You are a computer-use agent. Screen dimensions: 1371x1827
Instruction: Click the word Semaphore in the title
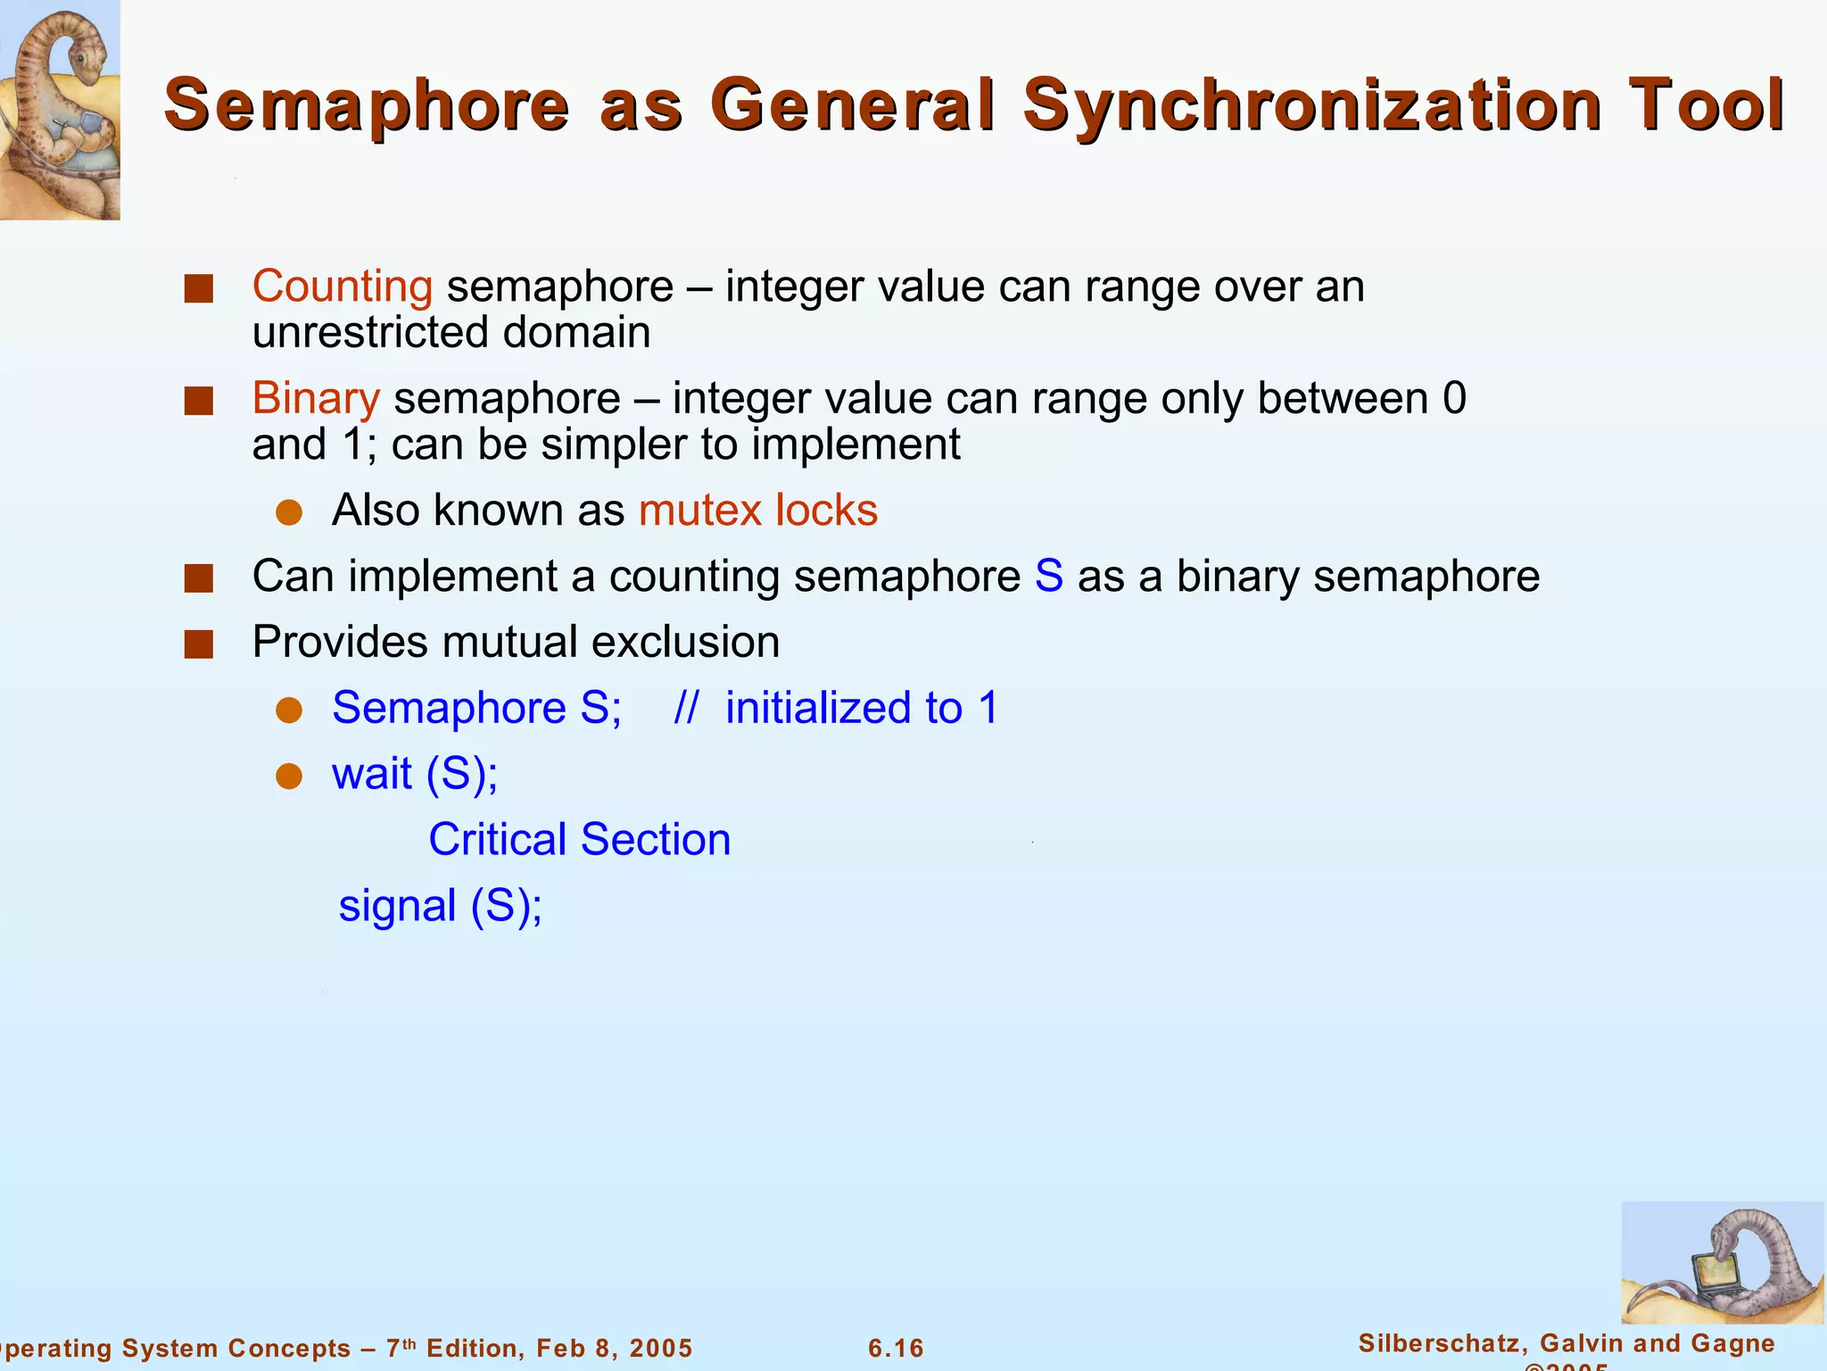367,105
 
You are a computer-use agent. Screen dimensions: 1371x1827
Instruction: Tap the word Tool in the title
1705,105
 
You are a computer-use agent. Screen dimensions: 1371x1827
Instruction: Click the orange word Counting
343,287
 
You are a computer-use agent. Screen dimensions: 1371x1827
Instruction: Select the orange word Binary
316,398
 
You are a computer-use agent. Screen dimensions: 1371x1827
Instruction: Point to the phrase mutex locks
758,511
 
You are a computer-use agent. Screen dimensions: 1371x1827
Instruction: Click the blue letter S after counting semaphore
1048,576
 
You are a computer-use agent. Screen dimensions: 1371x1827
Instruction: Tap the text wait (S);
415,773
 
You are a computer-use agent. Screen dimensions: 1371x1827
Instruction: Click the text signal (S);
441,906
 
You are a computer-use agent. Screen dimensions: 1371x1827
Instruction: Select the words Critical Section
580,840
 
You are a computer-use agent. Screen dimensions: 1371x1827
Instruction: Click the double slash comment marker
685,708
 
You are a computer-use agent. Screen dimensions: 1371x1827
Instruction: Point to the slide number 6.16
896,1348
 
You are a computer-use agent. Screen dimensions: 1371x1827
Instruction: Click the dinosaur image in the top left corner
59,109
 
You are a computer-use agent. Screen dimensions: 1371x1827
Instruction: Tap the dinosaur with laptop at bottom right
1722,1264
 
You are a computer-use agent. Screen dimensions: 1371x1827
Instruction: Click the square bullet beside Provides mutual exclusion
199,644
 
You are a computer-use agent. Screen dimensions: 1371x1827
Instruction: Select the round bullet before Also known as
289,512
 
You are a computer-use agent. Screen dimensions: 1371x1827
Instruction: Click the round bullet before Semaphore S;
289,710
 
